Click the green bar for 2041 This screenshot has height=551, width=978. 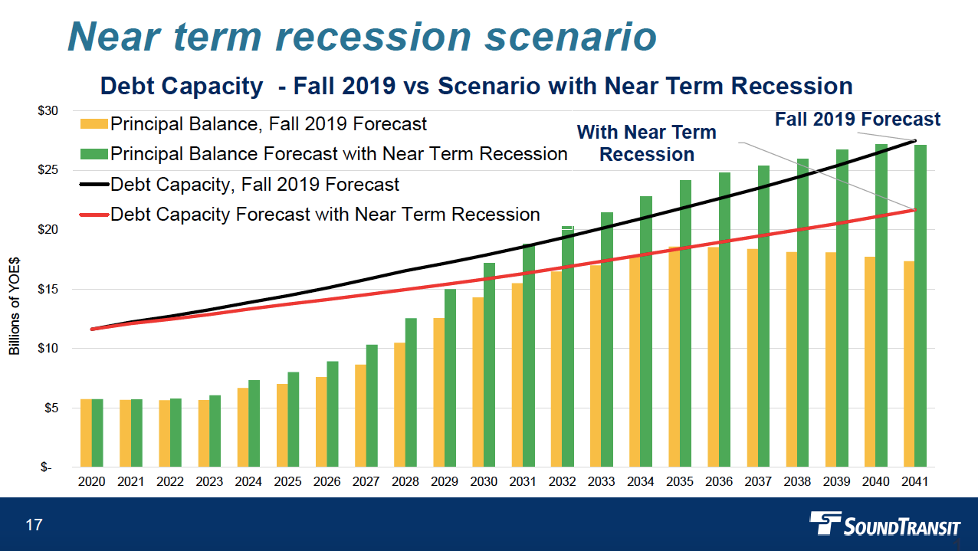click(921, 306)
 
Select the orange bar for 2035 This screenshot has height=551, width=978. click(674, 357)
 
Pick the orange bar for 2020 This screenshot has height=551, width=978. click(86, 433)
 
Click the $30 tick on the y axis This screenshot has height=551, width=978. click(48, 110)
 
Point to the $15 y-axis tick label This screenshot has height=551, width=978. click(48, 289)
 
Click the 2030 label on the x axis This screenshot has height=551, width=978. click(484, 481)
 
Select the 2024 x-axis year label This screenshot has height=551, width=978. click(248, 481)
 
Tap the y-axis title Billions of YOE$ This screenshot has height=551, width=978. click(15, 306)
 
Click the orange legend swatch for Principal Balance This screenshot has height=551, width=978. click(94, 124)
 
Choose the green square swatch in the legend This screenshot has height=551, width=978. click(94, 154)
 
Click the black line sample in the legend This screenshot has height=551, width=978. click(94, 185)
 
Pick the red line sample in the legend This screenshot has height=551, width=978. click(94, 215)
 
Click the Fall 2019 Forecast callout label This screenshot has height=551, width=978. click(857, 120)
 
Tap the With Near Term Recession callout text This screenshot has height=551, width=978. click(646, 143)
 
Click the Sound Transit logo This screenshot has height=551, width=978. click(885, 526)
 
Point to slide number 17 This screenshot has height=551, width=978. click(33, 525)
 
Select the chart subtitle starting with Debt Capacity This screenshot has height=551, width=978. click(476, 86)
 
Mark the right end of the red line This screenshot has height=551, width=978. click(914, 209)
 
